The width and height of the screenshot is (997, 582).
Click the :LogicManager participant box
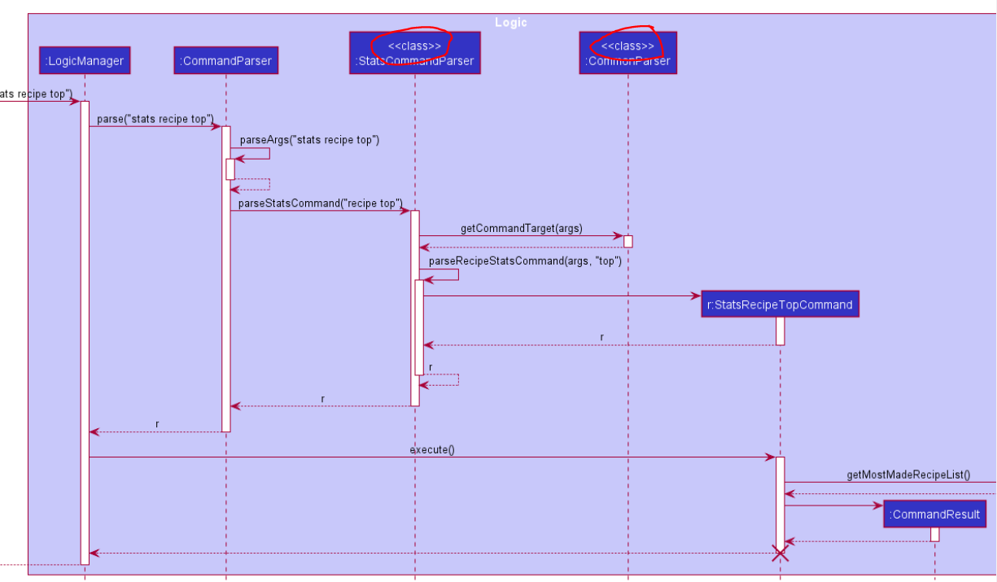(85, 60)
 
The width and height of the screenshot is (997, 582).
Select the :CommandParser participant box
(225, 60)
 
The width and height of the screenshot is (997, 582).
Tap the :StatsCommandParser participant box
(414, 53)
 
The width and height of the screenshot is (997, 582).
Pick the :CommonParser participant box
(627, 53)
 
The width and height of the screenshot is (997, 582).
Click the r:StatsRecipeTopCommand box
(780, 304)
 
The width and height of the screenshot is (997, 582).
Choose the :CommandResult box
(934, 514)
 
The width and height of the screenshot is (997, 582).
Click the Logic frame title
(510, 22)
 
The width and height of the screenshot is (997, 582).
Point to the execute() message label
(431, 449)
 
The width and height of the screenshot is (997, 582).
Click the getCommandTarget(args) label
(521, 228)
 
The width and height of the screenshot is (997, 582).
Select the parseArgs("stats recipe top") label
(309, 140)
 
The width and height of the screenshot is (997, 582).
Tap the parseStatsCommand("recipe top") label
(320, 203)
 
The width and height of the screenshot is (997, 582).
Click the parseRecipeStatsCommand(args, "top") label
(525, 261)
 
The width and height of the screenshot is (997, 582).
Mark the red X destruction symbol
(780, 554)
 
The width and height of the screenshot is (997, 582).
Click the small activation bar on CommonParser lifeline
(627, 242)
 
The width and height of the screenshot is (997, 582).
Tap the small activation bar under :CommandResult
(934, 534)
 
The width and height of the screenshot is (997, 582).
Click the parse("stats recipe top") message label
(155, 120)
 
